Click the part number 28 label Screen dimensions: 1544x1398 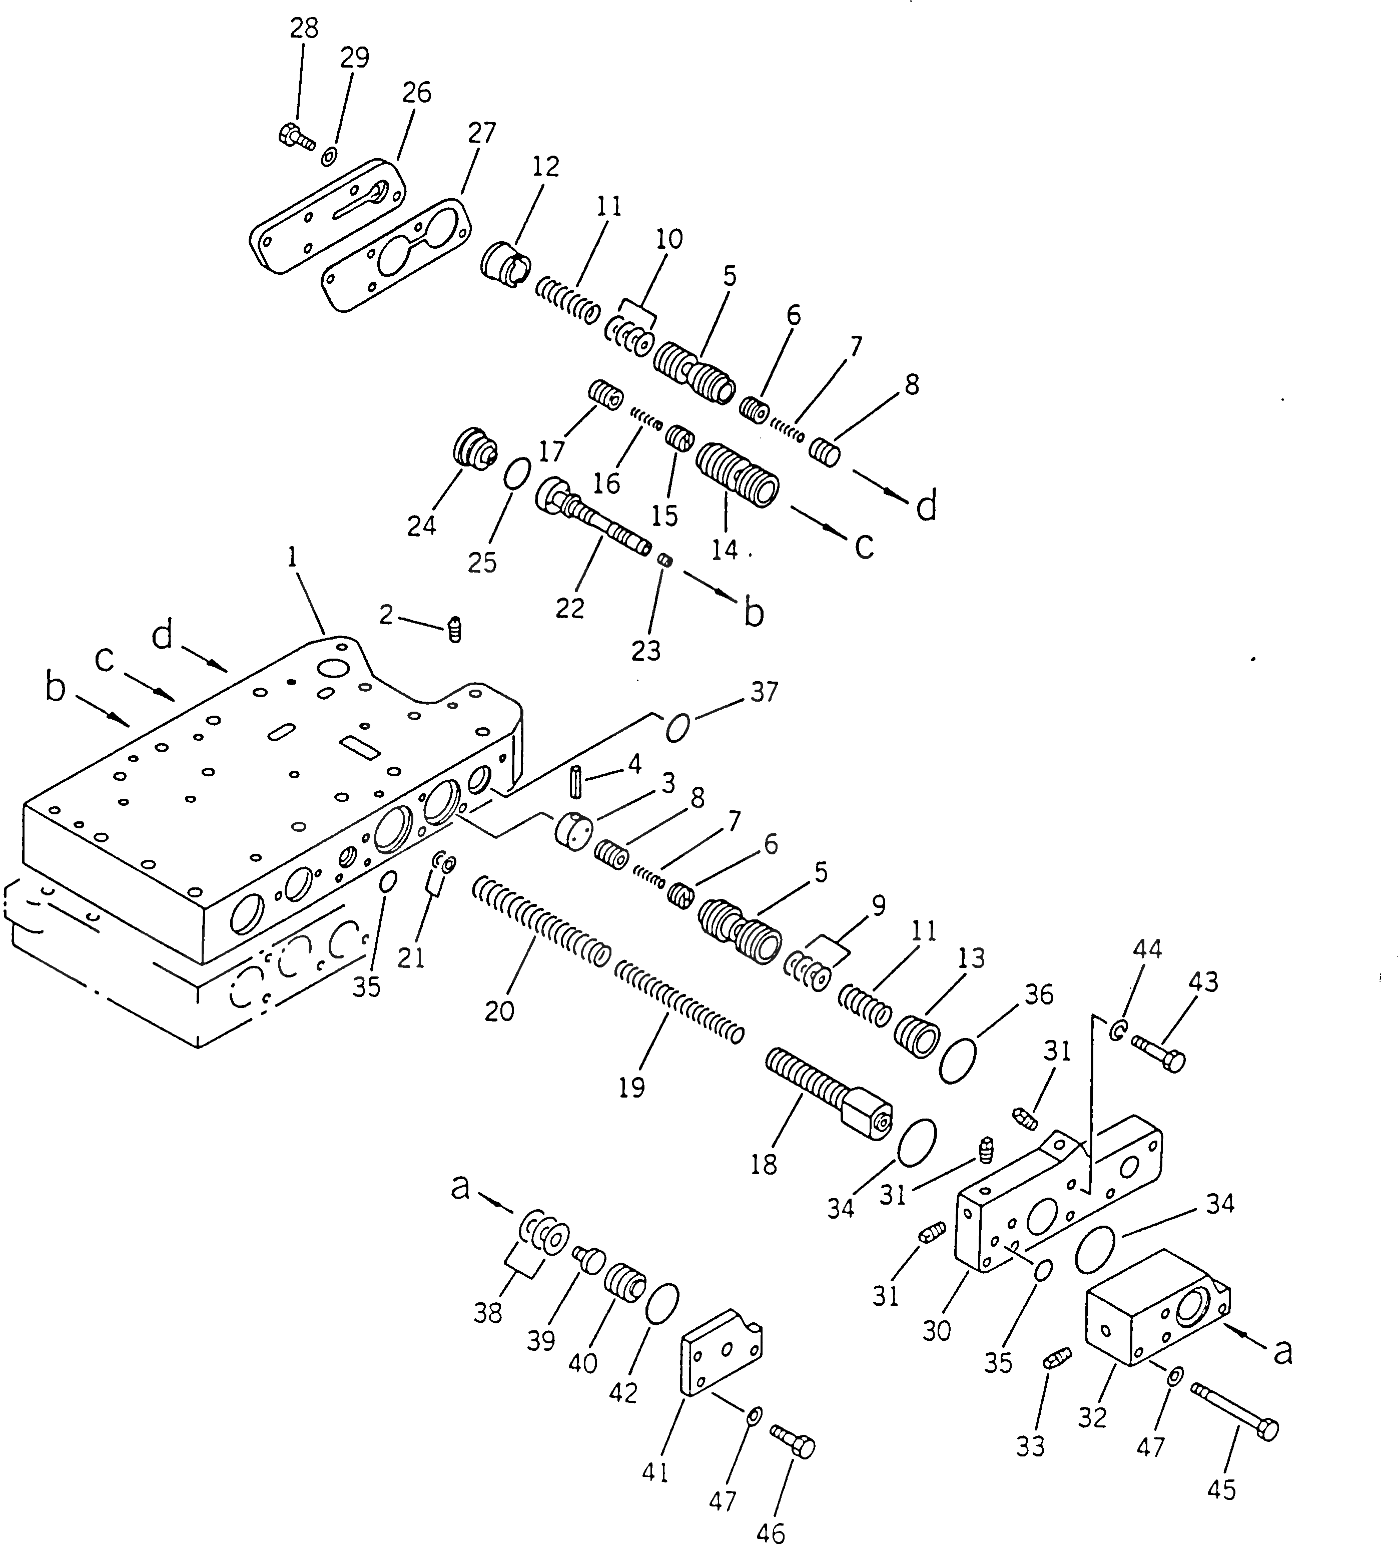304,29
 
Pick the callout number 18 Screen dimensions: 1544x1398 764,1165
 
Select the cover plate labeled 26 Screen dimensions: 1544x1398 328,214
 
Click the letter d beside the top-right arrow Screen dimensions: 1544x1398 926,507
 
